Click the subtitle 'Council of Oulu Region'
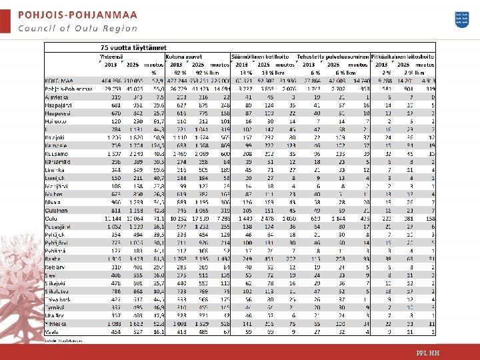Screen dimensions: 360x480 tap(77, 28)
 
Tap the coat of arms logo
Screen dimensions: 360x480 tap(461, 19)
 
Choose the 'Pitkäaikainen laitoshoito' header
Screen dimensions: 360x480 tap(403, 57)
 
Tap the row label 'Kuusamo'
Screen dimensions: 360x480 tap(56, 154)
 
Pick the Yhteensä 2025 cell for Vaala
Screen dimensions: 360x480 tap(136, 331)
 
